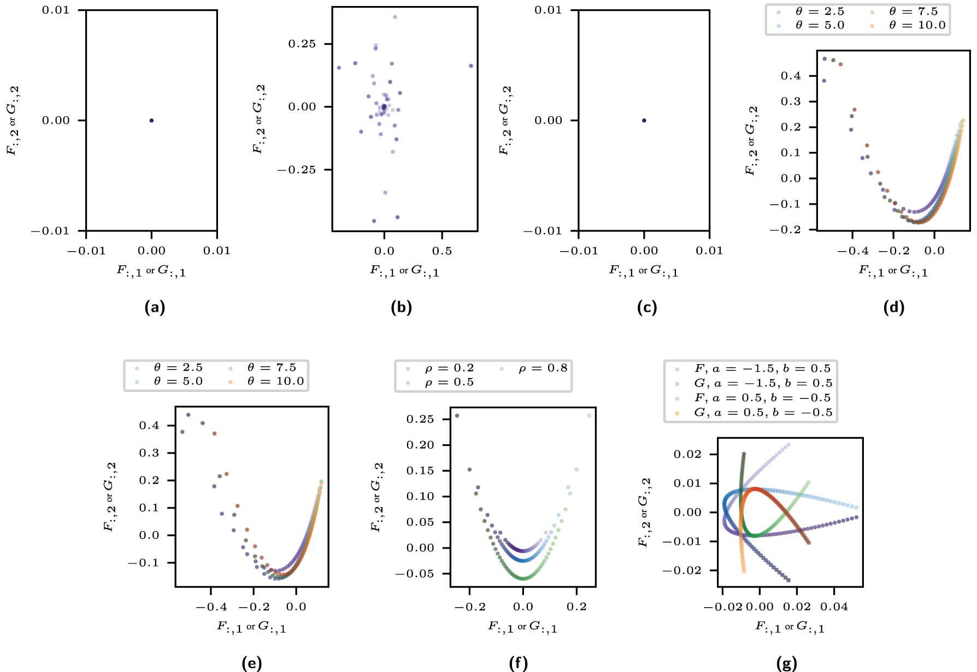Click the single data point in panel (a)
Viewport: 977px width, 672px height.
click(x=151, y=121)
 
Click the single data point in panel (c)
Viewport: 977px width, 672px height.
click(x=644, y=121)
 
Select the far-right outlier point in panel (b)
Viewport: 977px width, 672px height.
click(x=471, y=66)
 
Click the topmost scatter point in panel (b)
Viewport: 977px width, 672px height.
click(x=395, y=17)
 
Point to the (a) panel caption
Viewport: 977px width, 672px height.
click(x=155, y=308)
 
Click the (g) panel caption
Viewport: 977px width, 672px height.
click(x=786, y=664)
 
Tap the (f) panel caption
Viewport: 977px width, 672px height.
click(x=519, y=664)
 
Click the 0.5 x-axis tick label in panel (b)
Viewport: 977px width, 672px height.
click(x=442, y=251)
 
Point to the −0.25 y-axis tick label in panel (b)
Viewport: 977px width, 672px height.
click(x=297, y=170)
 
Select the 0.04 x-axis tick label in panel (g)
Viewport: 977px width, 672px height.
click(x=834, y=607)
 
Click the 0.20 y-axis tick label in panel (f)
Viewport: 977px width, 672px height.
click(x=420, y=445)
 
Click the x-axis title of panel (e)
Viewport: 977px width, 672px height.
click(x=251, y=627)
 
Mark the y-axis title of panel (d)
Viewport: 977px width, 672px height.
click(x=752, y=141)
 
